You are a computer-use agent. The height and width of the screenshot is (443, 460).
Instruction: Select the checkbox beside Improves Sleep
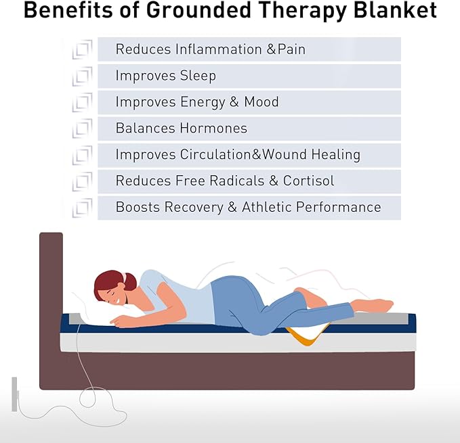(82, 76)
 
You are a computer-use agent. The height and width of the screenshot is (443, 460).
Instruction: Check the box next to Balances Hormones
(82, 129)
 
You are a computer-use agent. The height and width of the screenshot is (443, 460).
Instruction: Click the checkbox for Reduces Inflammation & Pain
(82, 49)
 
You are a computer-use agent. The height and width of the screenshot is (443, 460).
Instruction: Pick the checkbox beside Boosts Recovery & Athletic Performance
(82, 208)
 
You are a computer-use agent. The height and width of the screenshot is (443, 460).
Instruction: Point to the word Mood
(262, 102)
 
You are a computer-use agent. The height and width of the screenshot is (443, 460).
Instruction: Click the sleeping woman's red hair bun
(129, 280)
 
